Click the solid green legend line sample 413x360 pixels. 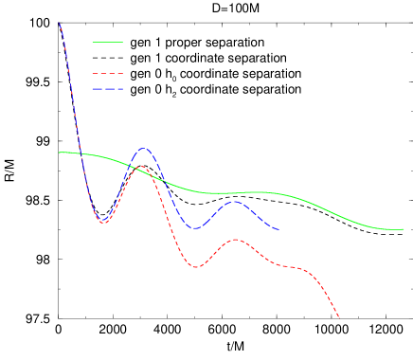pos(107,42)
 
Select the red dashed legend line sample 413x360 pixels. pos(107,73)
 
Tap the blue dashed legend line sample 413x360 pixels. pos(107,89)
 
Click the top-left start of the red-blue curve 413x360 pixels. pos(60,23)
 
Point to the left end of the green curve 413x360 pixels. pos(60,152)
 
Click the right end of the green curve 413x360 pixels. pos(404,229)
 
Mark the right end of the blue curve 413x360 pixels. pos(278,229)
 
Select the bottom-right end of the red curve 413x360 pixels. pos(338,317)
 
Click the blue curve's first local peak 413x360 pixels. pos(143,149)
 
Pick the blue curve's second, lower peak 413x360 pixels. pos(235,202)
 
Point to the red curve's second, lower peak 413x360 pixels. pos(235,240)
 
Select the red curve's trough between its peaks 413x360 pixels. pos(196,267)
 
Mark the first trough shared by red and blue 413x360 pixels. pos(102,223)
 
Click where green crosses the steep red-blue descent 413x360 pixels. pos(81,153)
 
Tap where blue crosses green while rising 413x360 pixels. pos(129,165)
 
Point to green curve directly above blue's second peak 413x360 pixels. pos(235,193)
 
